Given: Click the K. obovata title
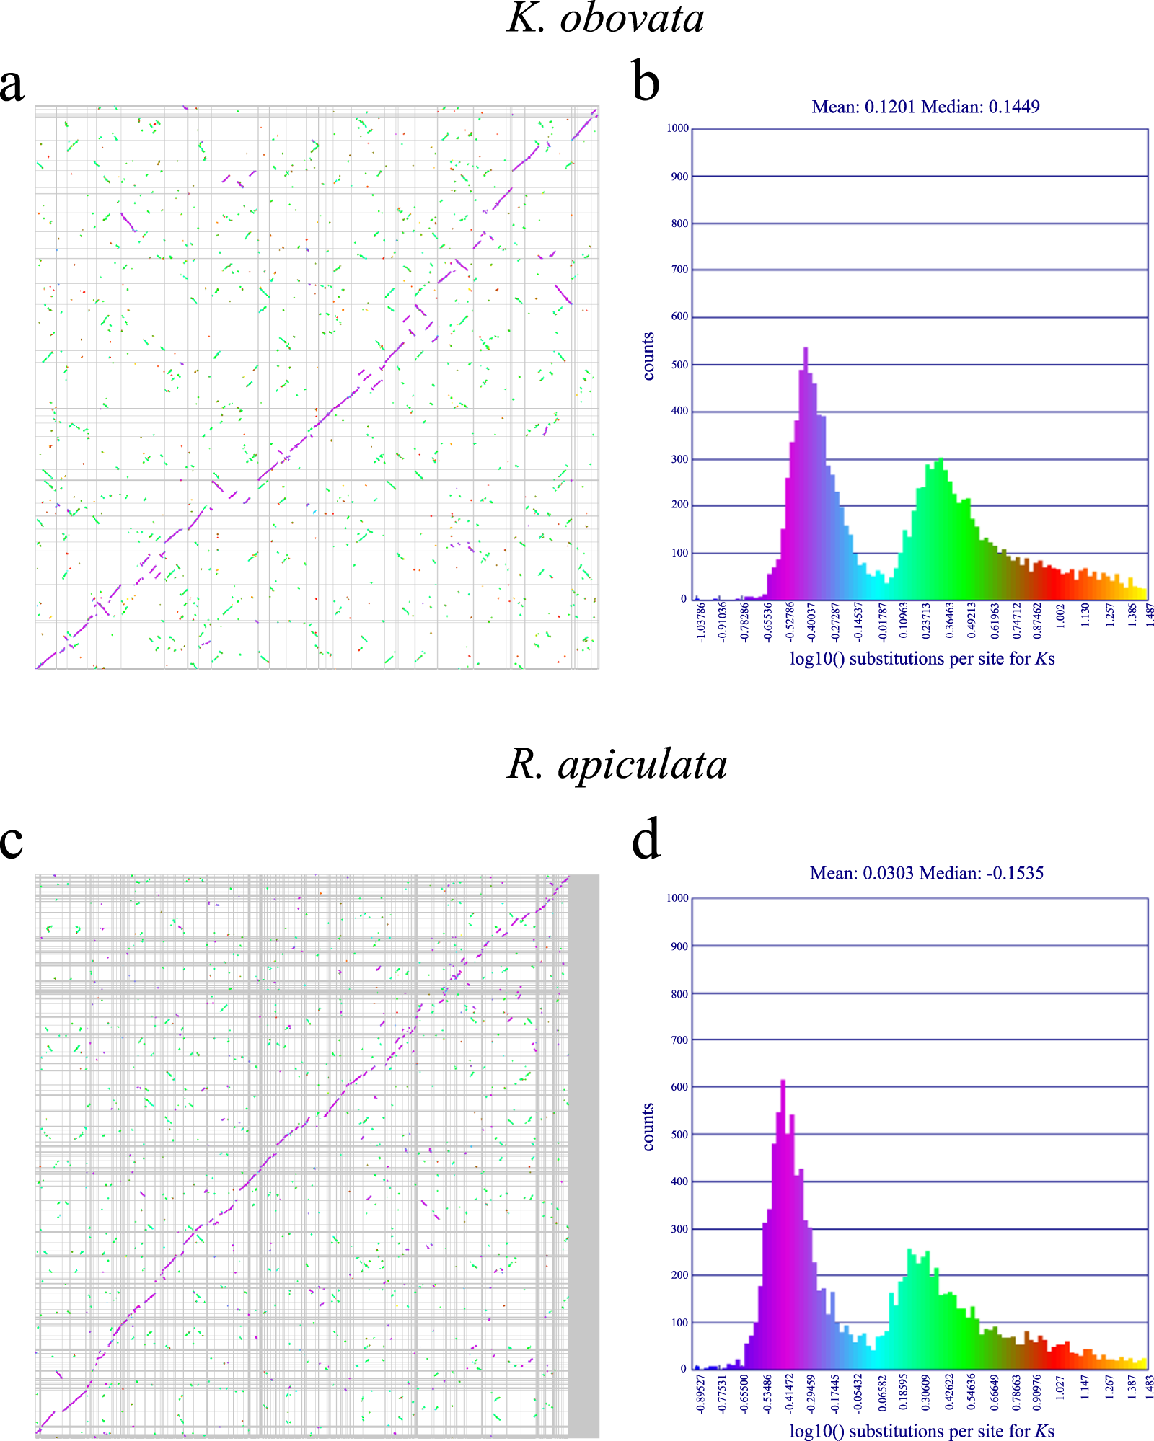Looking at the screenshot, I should pos(606,19).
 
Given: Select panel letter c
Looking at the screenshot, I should pos(12,841).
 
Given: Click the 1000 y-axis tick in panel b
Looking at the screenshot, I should pos(677,128).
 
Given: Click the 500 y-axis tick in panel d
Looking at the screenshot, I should pos(679,1134).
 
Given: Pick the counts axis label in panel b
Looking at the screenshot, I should pos(648,356).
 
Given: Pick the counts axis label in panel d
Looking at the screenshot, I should pos(648,1126).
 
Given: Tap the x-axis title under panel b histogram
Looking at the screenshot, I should pos(922,658).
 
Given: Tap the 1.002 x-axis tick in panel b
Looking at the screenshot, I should pos(1060,618).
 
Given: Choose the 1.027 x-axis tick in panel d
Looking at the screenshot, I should pos(1060,1388).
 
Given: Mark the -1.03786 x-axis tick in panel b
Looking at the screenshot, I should pos(700,622).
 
